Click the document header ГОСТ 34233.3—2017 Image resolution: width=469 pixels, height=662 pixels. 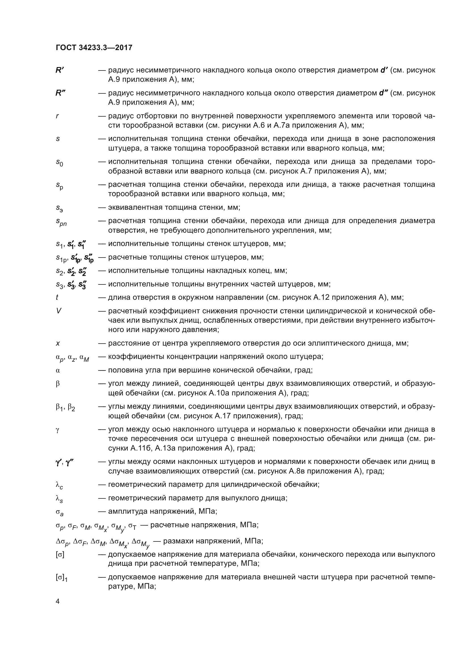[94, 48]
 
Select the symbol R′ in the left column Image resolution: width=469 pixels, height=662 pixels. [60, 70]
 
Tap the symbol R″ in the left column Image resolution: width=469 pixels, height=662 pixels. [60, 93]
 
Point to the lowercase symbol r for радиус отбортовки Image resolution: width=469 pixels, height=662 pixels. [57, 116]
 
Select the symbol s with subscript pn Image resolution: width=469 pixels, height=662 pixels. [61, 222]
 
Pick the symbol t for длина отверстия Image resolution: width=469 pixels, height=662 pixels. [57, 297]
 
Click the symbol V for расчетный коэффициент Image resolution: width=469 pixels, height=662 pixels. [58, 311]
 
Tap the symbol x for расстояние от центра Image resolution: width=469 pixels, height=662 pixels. [58, 343]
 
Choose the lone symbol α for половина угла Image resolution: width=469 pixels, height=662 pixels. [58, 370]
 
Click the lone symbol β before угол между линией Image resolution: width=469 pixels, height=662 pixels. [58, 384]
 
